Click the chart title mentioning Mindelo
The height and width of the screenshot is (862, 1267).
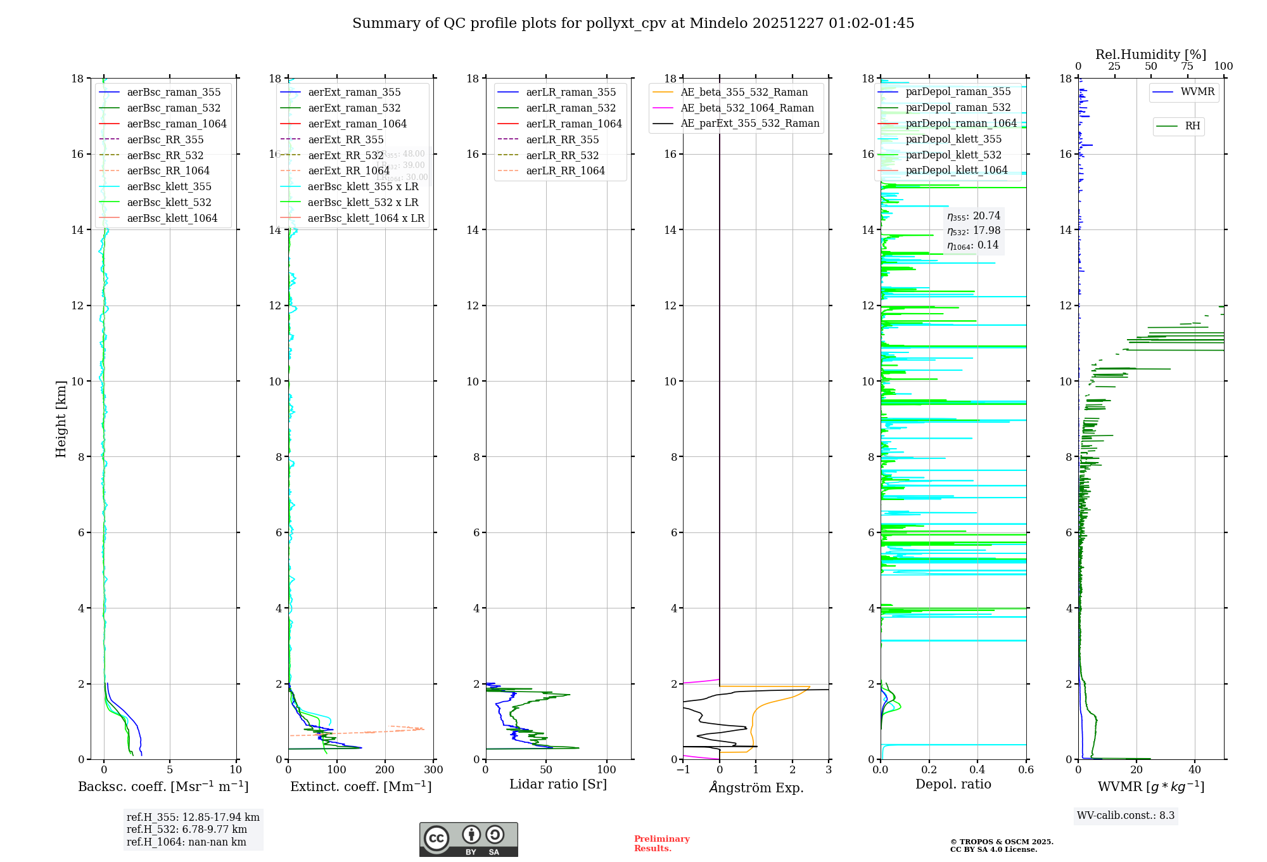click(x=633, y=23)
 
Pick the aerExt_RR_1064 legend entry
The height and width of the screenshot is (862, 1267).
click(x=348, y=171)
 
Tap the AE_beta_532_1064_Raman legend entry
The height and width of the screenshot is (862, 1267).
click(x=747, y=108)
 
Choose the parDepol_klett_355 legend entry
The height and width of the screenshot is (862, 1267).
click(x=953, y=139)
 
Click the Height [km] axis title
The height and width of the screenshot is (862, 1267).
click(x=61, y=419)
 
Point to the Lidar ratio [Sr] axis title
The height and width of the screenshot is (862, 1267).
click(x=558, y=785)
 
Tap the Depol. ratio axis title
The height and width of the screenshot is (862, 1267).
click(x=953, y=785)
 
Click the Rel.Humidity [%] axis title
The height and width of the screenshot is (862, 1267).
click(x=1150, y=55)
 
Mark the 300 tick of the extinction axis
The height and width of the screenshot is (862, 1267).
click(x=433, y=770)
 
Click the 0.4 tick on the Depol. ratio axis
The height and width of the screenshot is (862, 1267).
click(x=977, y=770)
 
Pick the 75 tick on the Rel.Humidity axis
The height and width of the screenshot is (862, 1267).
click(x=1187, y=67)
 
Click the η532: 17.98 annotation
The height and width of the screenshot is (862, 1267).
click(x=974, y=231)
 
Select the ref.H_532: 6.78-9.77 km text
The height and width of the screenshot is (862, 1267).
click(x=187, y=830)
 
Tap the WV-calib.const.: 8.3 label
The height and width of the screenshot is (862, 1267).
click(x=1126, y=816)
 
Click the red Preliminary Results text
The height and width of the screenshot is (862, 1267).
click(x=661, y=844)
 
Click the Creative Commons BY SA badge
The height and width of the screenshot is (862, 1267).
click(x=468, y=840)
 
